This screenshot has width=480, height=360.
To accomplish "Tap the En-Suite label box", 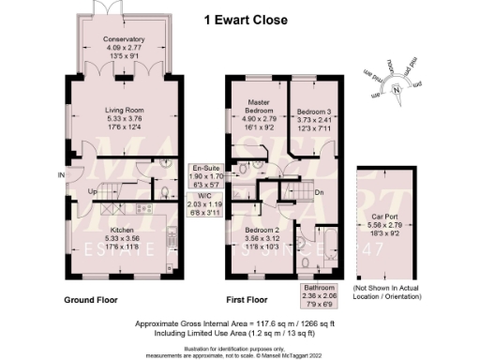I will tap(207, 174).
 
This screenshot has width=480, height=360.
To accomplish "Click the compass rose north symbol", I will tap(397, 89).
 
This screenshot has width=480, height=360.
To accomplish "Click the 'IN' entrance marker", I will tap(62, 175).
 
